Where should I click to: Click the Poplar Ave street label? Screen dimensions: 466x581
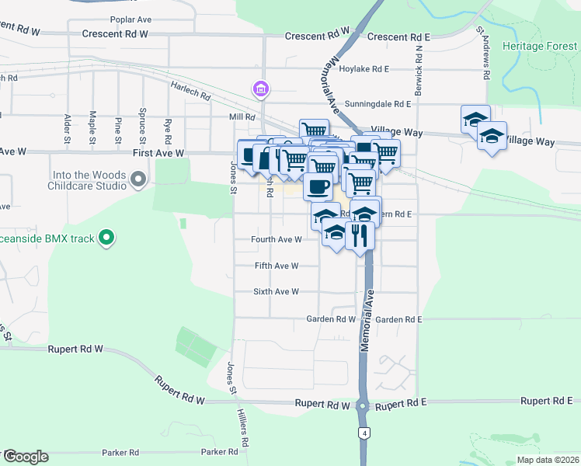click(110, 19)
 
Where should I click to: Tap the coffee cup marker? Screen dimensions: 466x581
click(318, 186)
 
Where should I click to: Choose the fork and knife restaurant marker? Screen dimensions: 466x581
click(360, 235)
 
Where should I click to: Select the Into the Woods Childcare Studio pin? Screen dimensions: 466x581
click(138, 180)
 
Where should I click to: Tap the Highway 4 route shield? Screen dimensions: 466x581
click(363, 432)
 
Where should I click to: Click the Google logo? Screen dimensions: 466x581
click(26, 457)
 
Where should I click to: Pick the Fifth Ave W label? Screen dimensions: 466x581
click(277, 266)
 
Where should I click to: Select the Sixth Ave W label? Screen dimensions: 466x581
click(276, 292)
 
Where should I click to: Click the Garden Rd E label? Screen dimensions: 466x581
click(398, 319)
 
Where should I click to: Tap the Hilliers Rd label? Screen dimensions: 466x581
click(244, 429)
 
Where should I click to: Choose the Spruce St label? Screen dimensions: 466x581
click(142, 127)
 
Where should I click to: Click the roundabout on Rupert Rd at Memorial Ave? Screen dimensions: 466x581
click(363, 405)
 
